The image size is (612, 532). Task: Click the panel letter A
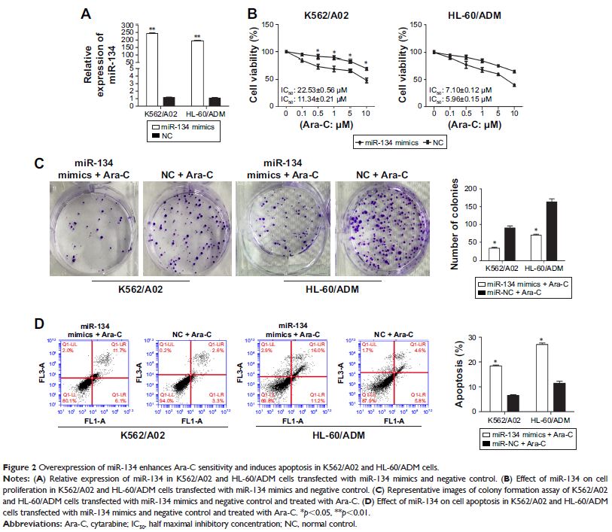[x=87, y=13]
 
